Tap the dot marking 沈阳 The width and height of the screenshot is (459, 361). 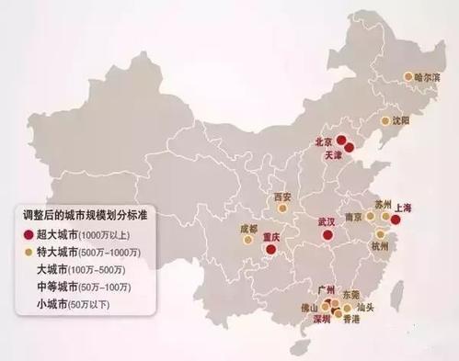[384, 120]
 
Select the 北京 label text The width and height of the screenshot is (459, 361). [324, 142]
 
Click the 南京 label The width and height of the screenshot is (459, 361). [353, 219]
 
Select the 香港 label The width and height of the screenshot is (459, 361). [350, 321]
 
